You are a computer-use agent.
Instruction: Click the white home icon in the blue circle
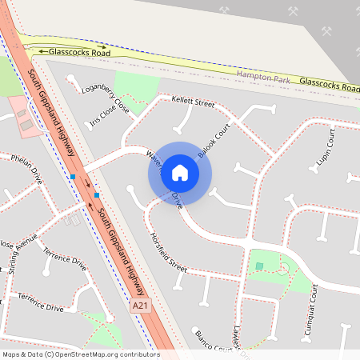[180, 172]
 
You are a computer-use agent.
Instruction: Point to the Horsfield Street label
[168, 252]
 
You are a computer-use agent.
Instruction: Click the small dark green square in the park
[258, 266]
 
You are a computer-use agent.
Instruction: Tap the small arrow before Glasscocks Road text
[42, 51]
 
